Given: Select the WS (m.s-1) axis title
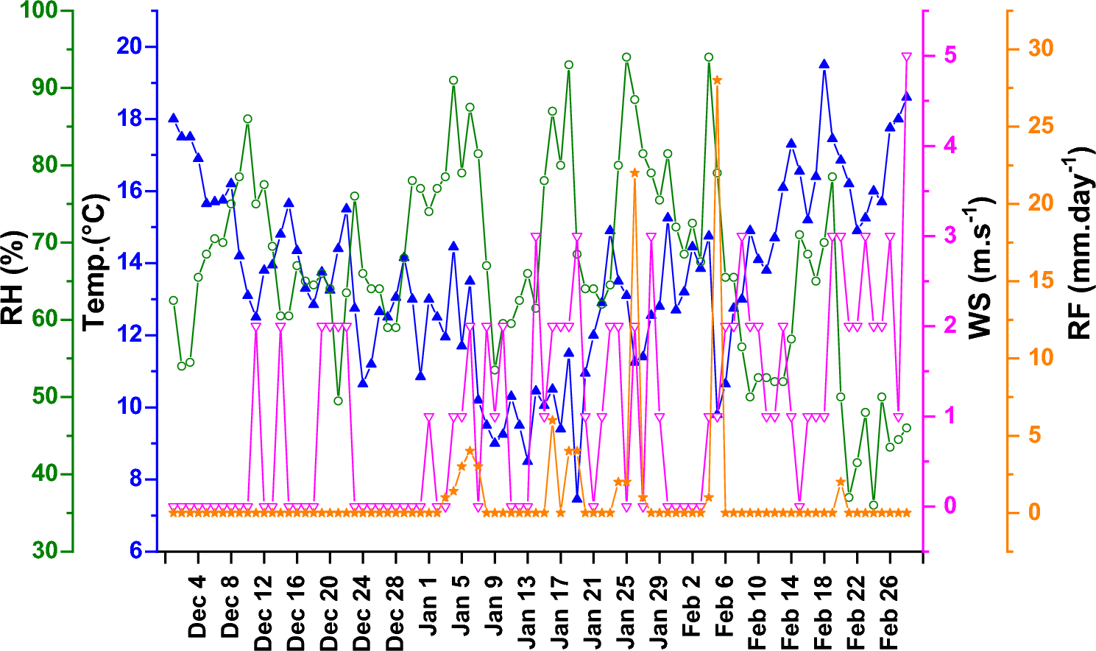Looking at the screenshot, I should tap(980, 268).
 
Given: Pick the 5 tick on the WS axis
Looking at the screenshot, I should tap(950, 55).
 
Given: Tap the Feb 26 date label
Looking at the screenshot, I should tap(889, 616).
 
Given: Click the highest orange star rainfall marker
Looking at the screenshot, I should tap(717, 80).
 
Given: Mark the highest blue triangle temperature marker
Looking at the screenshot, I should tap(824, 64).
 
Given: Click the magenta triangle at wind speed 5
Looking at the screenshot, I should tap(906, 57).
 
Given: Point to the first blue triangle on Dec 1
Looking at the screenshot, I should tap(173, 118).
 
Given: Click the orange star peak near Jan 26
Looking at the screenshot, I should tap(634, 172).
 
